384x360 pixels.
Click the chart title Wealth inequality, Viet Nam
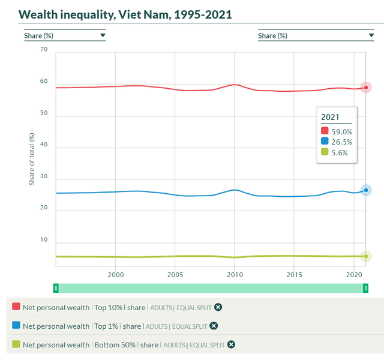click(x=125, y=14)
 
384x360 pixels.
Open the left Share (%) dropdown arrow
click(x=103, y=35)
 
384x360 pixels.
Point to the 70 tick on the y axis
click(x=44, y=49)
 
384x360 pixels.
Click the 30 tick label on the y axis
click(x=44, y=179)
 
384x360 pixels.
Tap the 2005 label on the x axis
click(x=175, y=274)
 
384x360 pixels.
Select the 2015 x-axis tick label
click(x=294, y=274)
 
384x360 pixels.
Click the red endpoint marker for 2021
click(x=366, y=88)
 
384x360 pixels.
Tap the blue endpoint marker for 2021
click(x=366, y=190)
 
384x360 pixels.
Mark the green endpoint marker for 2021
click(x=366, y=256)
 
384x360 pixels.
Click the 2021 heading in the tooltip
click(x=331, y=117)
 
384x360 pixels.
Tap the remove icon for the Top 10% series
click(x=218, y=307)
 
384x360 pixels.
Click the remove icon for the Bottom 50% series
click(x=231, y=344)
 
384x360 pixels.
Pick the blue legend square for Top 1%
click(x=16, y=326)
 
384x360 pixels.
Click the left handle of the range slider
click(x=56, y=288)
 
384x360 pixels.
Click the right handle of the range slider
click(x=365, y=288)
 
